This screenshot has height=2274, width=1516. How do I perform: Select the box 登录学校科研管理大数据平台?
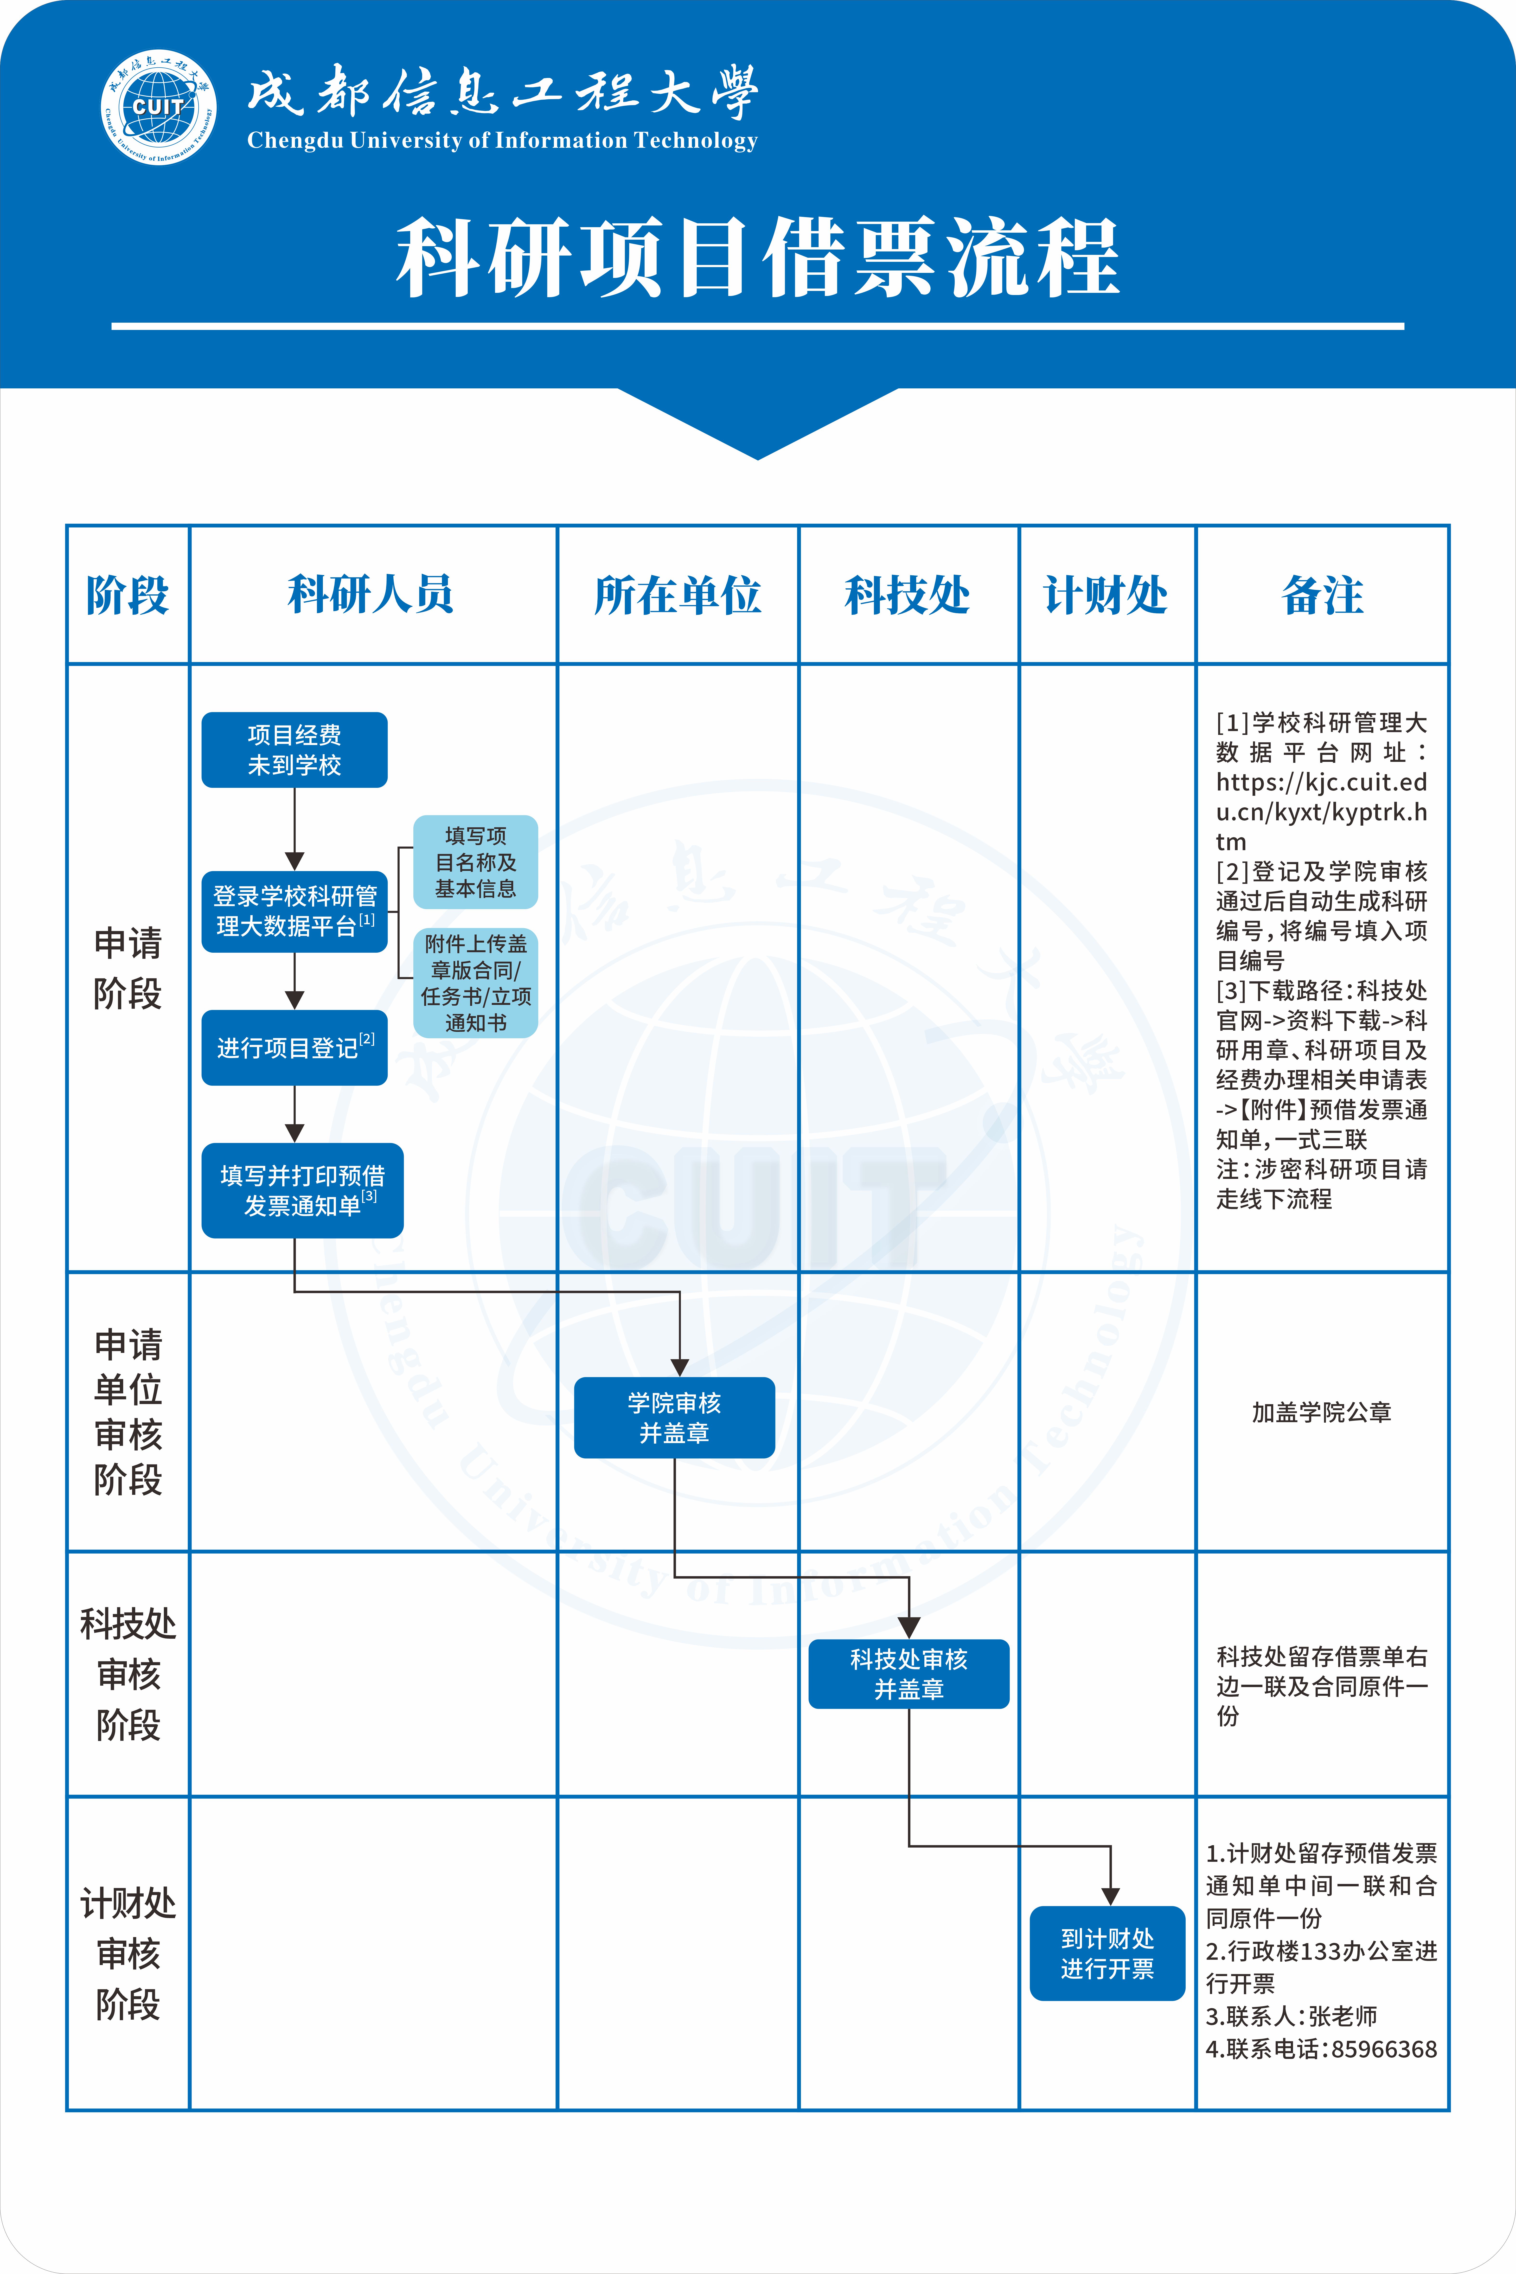pos(294,911)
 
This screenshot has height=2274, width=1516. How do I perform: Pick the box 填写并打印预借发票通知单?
pos(302,1190)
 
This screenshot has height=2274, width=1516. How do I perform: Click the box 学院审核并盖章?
pos(674,1417)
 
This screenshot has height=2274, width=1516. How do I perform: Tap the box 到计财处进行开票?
pos(1107,1953)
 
